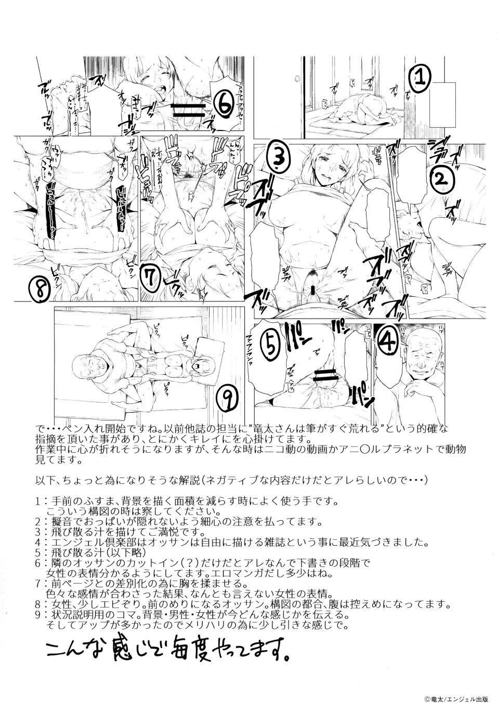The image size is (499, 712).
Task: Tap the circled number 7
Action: [x=149, y=279]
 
